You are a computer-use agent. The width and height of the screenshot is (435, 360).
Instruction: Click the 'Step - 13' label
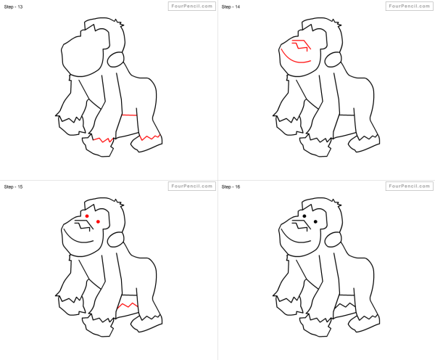(13, 7)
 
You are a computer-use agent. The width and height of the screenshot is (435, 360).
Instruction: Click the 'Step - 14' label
(231, 7)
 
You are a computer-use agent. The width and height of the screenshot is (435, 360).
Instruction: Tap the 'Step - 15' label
(13, 187)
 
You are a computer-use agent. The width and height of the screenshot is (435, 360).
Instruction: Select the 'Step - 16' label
(231, 187)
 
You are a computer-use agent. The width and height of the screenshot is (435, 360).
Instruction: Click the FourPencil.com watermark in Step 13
(192, 6)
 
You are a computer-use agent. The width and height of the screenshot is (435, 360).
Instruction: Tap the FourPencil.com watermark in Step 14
(410, 6)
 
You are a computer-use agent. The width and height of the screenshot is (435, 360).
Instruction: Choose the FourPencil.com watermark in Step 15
(192, 186)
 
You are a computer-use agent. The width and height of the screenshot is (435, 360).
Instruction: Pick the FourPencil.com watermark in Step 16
(410, 186)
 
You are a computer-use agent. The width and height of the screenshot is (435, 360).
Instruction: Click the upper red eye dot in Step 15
(87, 216)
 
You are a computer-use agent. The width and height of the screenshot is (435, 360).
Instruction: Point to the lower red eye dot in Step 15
(98, 221)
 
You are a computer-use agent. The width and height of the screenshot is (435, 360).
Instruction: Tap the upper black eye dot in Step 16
(304, 216)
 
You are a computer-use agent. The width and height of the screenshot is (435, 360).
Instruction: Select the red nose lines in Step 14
(302, 45)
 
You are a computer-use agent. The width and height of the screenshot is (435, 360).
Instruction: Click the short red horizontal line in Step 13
(129, 115)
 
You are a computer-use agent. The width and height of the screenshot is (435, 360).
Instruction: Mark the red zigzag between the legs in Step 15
(128, 306)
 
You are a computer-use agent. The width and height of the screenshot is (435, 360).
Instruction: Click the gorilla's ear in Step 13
(115, 60)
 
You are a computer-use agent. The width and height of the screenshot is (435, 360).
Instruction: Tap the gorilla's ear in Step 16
(333, 240)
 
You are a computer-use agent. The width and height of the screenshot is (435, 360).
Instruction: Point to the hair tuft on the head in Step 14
(337, 23)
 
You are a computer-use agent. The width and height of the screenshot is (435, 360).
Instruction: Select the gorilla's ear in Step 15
(115, 240)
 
